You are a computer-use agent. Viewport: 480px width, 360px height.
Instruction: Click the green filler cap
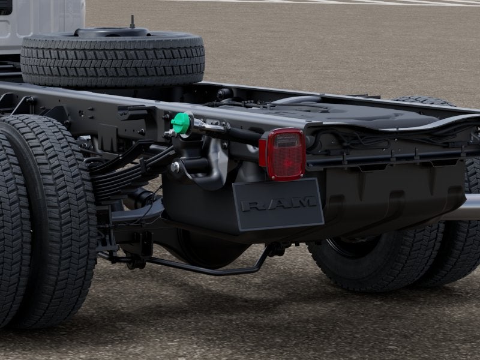(x=181, y=123)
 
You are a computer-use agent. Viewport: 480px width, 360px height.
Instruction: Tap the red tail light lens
(x=286, y=154)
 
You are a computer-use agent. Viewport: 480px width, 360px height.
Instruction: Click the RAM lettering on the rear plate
(x=278, y=203)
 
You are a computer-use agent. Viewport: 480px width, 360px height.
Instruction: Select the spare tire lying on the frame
(x=113, y=58)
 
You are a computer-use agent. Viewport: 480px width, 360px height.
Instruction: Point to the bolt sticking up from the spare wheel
(x=132, y=22)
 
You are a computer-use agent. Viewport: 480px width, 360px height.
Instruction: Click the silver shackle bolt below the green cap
(x=175, y=167)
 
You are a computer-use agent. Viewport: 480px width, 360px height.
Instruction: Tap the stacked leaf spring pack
(x=122, y=175)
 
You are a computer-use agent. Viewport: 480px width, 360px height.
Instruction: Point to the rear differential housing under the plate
(x=208, y=248)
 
